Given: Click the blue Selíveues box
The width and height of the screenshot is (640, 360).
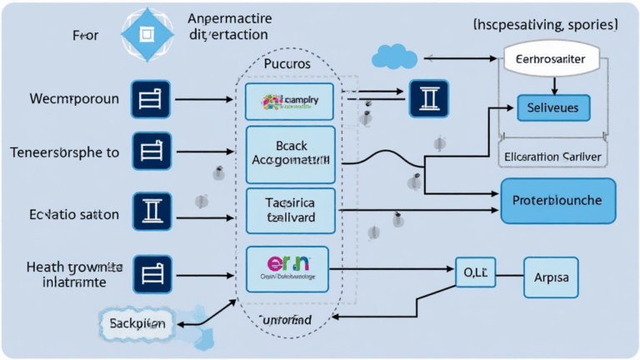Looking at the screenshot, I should (553, 108).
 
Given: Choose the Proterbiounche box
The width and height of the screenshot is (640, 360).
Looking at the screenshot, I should (557, 202).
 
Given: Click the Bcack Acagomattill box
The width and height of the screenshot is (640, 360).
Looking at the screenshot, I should (290, 155).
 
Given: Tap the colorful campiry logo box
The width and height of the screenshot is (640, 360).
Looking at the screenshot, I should (289, 101).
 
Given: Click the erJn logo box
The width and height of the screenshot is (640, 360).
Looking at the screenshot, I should (287, 269).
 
